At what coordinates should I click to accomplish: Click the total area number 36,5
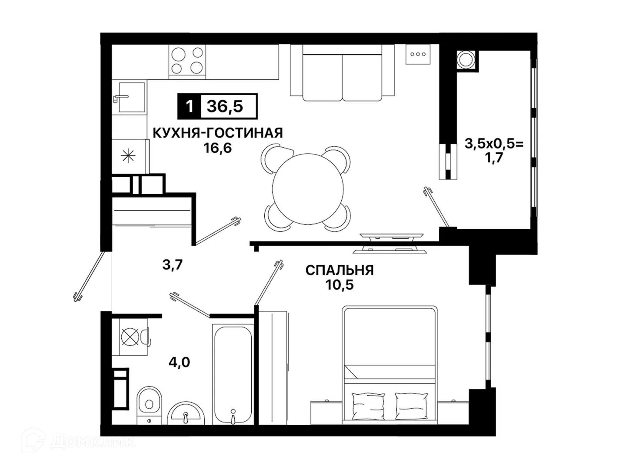point(225,106)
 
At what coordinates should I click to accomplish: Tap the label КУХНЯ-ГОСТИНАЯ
point(218,133)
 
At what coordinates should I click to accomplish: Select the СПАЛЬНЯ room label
point(340,270)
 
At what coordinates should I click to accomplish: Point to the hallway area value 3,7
point(172,265)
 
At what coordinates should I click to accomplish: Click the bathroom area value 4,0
point(180,363)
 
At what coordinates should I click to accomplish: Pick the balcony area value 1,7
point(494,158)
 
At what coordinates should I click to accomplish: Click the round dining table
point(308,189)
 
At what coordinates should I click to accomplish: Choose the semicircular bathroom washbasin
point(186,413)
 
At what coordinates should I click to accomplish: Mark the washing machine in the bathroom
point(130,337)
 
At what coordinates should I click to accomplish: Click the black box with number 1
point(189,106)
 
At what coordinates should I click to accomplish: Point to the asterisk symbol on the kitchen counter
point(128,156)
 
